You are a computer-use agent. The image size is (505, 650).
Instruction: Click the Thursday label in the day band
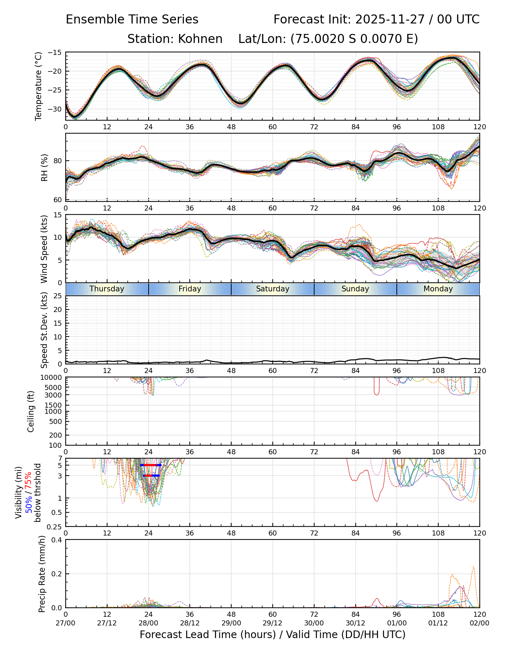click(x=107, y=289)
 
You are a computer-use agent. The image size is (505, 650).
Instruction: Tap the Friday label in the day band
click(x=190, y=289)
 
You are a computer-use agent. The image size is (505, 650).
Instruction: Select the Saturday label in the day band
click(x=273, y=289)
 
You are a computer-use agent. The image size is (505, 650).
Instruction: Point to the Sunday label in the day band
click(x=355, y=289)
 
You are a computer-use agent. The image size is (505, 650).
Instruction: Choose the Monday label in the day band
click(x=438, y=289)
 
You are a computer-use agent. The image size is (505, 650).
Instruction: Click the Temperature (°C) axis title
click(x=39, y=86)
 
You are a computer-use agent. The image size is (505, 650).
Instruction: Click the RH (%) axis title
click(x=44, y=167)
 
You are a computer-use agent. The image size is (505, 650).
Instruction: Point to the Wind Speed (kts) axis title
click(x=44, y=249)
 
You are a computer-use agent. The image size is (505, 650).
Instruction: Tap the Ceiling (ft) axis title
click(x=31, y=411)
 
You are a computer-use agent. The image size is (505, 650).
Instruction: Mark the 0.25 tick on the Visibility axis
click(x=55, y=526)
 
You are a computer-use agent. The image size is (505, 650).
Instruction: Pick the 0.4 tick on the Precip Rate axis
click(x=57, y=540)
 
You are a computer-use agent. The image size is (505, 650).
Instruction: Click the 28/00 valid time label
click(x=148, y=623)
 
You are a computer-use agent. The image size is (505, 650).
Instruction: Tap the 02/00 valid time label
click(x=479, y=623)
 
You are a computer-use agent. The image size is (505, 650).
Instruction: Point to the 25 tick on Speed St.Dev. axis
click(x=57, y=296)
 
